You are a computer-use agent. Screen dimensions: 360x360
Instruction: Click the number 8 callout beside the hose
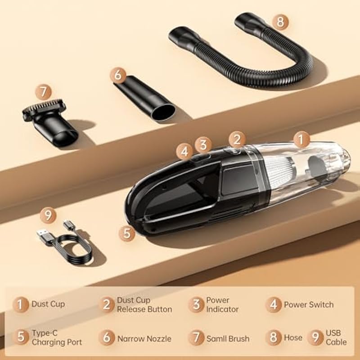pyautogui.click(x=280, y=22)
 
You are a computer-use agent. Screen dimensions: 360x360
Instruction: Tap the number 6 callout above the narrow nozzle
pyautogui.click(x=118, y=75)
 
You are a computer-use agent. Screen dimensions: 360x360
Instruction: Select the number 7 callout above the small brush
pyautogui.click(x=43, y=92)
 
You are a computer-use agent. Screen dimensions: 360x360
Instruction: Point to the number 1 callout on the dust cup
pyautogui.click(x=301, y=139)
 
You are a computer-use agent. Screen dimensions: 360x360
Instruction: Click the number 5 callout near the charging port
pyautogui.click(x=127, y=233)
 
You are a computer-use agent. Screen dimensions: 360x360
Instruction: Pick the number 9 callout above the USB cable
pyautogui.click(x=48, y=215)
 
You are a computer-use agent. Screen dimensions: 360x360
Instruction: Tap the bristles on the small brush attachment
pyautogui.click(x=44, y=106)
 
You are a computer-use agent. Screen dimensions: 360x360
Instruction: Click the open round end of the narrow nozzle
pyautogui.click(x=163, y=112)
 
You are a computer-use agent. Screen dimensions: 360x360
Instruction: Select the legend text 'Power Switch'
pyautogui.click(x=309, y=305)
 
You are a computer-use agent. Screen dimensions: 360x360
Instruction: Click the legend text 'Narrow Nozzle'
pyautogui.click(x=144, y=339)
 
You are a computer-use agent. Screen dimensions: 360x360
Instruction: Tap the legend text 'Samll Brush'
pyautogui.click(x=228, y=339)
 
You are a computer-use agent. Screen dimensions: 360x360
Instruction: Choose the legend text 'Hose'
pyautogui.click(x=293, y=337)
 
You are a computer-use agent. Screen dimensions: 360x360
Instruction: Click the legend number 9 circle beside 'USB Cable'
pyautogui.click(x=316, y=337)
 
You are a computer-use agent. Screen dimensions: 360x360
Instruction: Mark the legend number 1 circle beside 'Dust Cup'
pyautogui.click(x=21, y=305)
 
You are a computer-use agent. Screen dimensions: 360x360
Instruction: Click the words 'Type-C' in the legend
pyautogui.click(x=45, y=333)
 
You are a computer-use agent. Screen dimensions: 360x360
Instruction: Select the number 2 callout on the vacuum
pyautogui.click(x=237, y=139)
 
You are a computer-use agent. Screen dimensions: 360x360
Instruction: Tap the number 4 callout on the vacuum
pyautogui.click(x=184, y=152)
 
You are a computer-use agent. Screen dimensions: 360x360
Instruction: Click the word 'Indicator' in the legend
pyautogui.click(x=222, y=309)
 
